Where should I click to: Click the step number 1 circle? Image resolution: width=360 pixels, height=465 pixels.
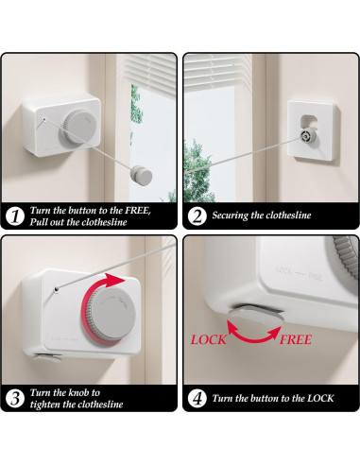pyautogui.click(x=15, y=216)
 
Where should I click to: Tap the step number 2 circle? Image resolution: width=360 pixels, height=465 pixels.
pyautogui.click(x=197, y=216)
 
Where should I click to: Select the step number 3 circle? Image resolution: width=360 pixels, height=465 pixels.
pyautogui.click(x=15, y=398)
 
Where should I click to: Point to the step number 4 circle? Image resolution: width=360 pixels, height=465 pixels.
pyautogui.click(x=197, y=398)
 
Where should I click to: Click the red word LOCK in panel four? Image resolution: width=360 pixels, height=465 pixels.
pyautogui.click(x=208, y=339)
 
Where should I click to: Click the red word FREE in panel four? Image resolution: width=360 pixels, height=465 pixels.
pyautogui.click(x=296, y=339)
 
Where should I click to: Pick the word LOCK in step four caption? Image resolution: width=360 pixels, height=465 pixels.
pyautogui.click(x=320, y=398)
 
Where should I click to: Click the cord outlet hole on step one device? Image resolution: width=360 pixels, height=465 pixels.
pyautogui.click(x=44, y=119)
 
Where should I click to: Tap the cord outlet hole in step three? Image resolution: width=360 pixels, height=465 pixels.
pyautogui.click(x=57, y=289)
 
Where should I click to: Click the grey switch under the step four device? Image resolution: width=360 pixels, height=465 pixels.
pyautogui.click(x=256, y=316)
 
